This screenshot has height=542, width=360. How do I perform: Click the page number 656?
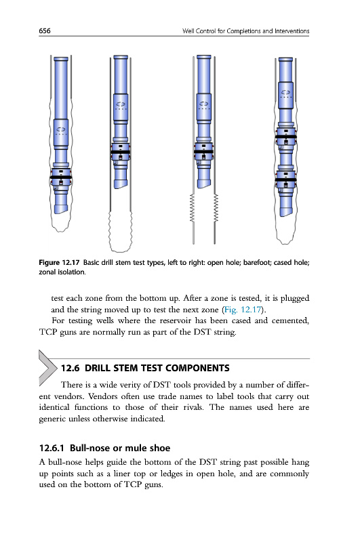45,30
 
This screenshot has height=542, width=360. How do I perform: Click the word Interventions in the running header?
292,31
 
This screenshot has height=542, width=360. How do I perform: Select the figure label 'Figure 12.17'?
59,262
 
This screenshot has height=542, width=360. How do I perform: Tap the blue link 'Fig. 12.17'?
243,310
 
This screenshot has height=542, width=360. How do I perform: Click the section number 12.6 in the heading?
71,368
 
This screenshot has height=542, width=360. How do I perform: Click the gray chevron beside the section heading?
47,367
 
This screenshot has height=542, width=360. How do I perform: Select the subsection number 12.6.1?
52,449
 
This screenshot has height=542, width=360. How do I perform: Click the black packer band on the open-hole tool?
61,178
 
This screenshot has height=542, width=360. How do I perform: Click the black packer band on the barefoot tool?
121,152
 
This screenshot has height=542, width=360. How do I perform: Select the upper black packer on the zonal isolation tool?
285,137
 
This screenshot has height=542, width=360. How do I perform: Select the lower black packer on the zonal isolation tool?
285,180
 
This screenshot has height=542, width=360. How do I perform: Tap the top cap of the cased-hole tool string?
203,57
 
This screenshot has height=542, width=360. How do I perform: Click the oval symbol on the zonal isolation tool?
285,92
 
